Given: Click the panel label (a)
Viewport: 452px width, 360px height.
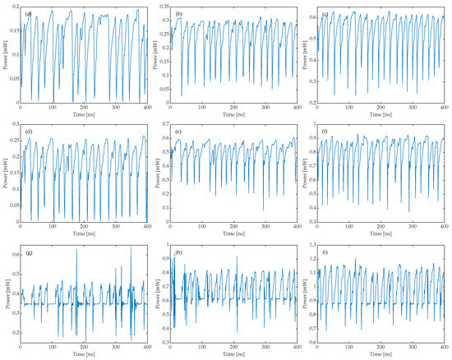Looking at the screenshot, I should coord(29,15).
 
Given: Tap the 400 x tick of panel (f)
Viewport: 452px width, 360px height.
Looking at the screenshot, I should coord(444,226).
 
